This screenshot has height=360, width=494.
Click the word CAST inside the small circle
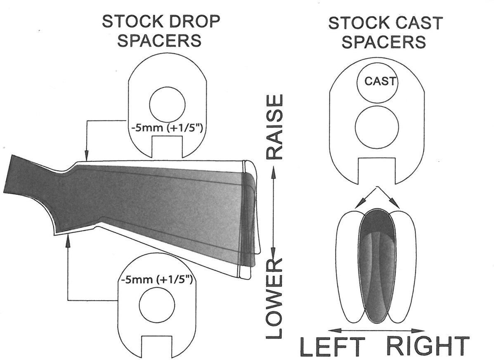(380, 81)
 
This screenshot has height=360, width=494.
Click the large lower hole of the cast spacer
(377, 127)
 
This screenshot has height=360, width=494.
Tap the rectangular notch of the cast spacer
(376, 171)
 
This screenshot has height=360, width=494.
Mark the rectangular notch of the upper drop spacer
(167, 147)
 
